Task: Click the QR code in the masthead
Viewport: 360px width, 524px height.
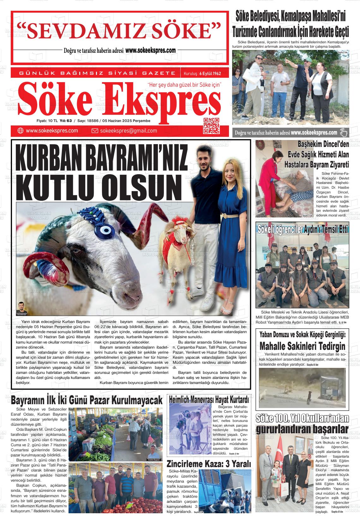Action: point(211,125)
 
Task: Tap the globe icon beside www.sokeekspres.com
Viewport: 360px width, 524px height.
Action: point(21,131)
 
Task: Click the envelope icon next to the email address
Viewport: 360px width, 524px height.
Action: point(95,131)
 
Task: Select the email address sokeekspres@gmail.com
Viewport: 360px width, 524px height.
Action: point(128,131)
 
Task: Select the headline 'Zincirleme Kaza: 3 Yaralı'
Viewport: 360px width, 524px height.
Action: point(209,464)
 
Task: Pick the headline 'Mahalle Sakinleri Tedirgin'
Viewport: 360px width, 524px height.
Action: point(302,346)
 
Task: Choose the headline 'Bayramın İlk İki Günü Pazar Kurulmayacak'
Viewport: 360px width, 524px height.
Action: point(87,400)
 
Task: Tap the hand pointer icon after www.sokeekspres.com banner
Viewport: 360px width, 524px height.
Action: point(343,132)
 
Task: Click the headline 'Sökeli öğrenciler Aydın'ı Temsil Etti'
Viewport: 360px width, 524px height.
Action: point(303,229)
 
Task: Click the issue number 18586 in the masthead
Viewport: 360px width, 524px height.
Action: point(96,121)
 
